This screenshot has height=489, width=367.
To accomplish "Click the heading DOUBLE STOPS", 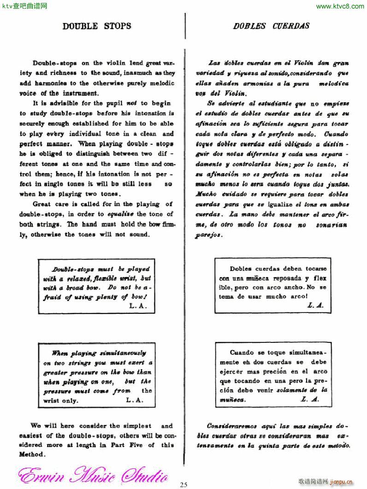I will pyautogui.click(x=97, y=26).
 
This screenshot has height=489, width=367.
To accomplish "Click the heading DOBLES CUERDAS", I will pyautogui.click(x=271, y=26).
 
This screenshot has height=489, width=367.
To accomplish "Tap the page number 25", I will pyautogui.click(x=184, y=484).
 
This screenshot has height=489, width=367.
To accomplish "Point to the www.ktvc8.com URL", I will pyautogui.click(x=340, y=6).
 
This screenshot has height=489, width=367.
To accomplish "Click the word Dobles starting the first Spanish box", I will pyautogui.click(x=240, y=268).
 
